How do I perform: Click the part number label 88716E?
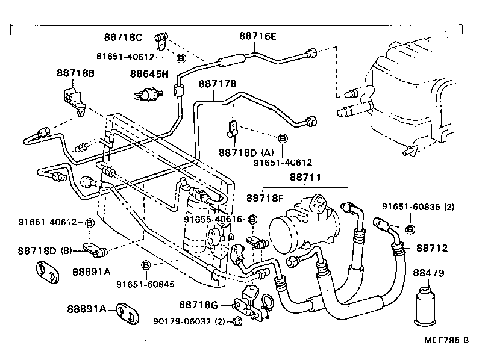coord(258,36)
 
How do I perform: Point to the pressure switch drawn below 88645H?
coord(146,93)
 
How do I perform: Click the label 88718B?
coord(76,73)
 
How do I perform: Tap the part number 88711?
coord(305,178)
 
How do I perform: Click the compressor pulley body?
coord(288,231)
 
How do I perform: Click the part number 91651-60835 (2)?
coord(418,207)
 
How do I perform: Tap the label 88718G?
coord(198,305)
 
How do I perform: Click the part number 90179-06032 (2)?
coord(189,321)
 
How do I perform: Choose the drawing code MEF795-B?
coord(445,340)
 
